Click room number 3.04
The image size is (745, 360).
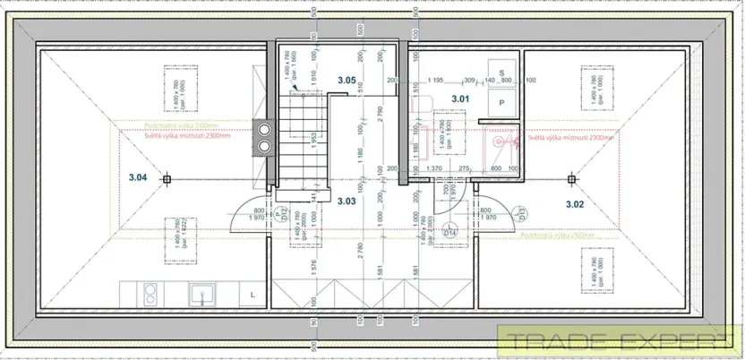[137, 178]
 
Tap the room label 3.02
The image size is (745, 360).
[575, 204]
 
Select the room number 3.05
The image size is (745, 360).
[347, 81]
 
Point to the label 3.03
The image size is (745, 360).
[347, 201]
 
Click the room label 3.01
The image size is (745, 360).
[460, 98]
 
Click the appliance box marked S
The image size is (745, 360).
[501, 72]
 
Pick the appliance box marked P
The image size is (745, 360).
[501, 104]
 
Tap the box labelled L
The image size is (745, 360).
[253, 292]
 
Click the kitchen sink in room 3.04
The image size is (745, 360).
[200, 292]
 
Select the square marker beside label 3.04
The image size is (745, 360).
[167, 179]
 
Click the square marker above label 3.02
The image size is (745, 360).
[569, 179]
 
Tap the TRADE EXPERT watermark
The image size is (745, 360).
[618, 340]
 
